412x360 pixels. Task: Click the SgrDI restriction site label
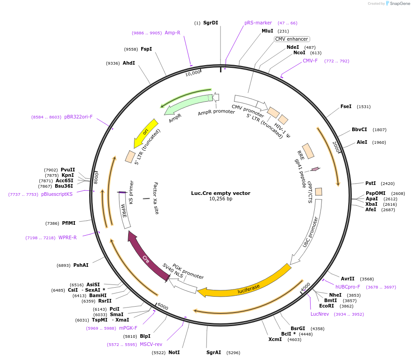point(211,23)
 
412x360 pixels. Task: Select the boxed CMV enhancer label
point(292,39)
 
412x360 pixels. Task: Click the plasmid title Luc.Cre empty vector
point(220,193)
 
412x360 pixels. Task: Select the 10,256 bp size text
point(220,199)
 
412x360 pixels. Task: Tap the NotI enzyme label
point(174,352)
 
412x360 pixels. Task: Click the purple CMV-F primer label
point(310,61)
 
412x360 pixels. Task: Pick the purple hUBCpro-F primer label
point(348,287)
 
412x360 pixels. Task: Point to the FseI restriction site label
point(346,107)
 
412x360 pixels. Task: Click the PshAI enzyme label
point(81,265)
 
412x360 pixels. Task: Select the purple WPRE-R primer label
point(67,237)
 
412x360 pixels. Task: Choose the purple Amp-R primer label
point(172,33)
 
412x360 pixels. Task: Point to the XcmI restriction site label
point(275,339)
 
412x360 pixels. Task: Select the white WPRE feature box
point(125,214)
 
